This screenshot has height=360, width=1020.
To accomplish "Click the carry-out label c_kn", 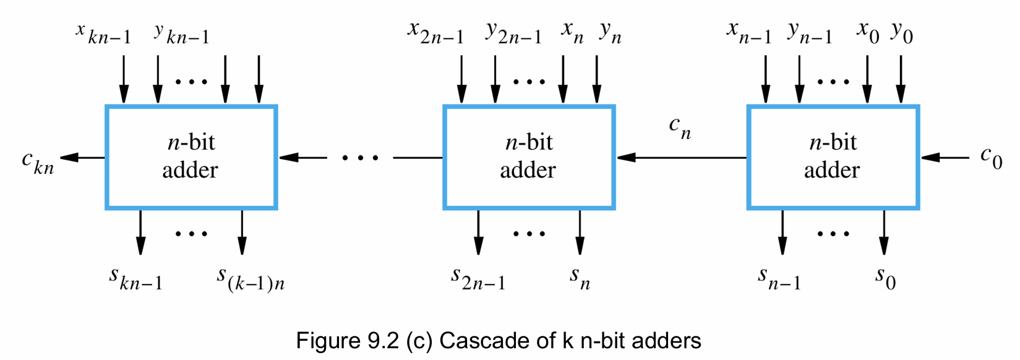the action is coord(38,163).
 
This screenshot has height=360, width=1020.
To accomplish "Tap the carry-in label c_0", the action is coord(992,158).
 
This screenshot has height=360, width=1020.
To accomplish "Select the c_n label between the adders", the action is coord(680,128).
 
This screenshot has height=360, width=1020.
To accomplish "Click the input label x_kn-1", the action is coord(103,34).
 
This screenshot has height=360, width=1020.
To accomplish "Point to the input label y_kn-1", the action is coord(182,34).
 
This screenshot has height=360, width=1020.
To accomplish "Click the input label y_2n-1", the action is coord(513,33).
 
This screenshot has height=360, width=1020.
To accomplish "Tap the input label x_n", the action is coord(572,33).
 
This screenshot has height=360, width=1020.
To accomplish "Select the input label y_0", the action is coord(902,33).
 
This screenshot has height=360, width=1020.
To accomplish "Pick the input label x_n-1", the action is coord(749,33).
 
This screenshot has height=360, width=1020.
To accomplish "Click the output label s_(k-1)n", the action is coord(251,279).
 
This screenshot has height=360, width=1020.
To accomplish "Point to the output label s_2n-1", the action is coord(478,279).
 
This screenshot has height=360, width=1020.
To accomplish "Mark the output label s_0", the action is coord(885,279).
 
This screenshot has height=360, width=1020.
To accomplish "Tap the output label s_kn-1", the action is coord(135,279).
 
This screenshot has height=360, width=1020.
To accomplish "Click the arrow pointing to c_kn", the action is coord(82,158).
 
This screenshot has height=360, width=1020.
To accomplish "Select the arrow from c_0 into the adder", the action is coord(945,158).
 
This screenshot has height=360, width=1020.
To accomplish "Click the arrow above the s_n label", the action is coord(580,233).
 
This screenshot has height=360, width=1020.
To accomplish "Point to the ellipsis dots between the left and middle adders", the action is coord(360,158).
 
